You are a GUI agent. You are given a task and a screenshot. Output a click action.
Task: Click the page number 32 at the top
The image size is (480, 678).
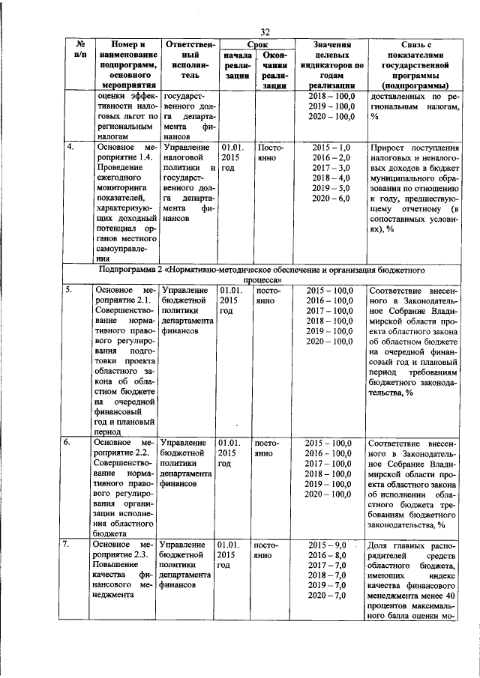click(x=264, y=31)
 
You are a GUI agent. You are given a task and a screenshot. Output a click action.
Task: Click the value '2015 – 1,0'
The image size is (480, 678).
click(x=331, y=148)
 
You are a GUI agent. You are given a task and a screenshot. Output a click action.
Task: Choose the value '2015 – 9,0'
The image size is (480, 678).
click(x=331, y=544)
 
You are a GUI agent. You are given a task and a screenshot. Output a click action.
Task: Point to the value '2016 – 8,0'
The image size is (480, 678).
click(x=331, y=556)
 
